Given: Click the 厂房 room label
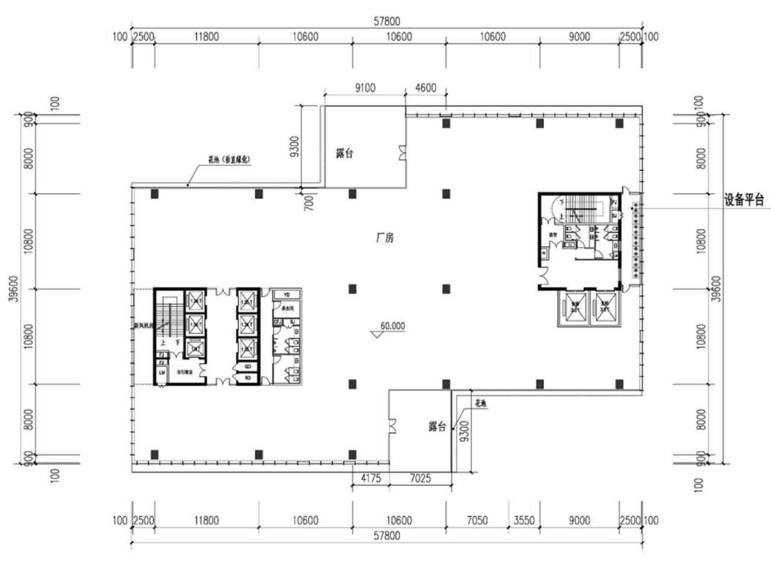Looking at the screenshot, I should (385, 238).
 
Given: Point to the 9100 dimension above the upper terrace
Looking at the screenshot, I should (365, 87).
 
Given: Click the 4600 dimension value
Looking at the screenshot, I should (425, 87).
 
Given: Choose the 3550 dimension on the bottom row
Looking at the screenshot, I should (523, 520).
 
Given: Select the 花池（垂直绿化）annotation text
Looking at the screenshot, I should (229, 160).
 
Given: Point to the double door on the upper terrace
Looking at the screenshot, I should (402, 153).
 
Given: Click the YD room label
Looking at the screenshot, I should (287, 294).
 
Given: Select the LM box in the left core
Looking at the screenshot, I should (161, 373).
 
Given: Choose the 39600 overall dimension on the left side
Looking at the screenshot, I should (14, 289).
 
